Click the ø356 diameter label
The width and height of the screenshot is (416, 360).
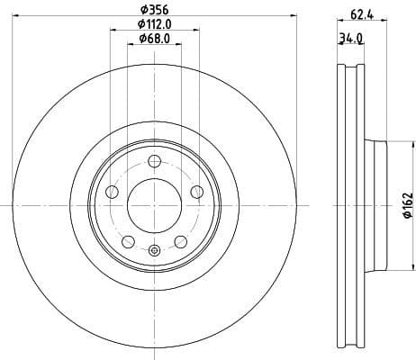154,11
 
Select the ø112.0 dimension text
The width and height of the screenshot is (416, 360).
155,26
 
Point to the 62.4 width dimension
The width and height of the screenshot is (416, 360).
362,13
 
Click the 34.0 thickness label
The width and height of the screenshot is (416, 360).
350,39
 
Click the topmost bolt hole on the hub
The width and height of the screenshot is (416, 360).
154,161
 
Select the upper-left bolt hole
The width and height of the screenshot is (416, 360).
112,192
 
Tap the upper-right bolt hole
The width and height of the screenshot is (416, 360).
197,192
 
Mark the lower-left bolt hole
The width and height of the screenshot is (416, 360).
128,241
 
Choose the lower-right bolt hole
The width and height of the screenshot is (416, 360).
181,241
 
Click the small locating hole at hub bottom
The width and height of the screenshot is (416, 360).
154,251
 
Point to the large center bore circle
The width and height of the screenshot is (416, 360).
154,206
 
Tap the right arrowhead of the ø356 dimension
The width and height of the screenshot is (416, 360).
294,19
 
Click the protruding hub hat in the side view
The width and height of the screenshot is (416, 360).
376,207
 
